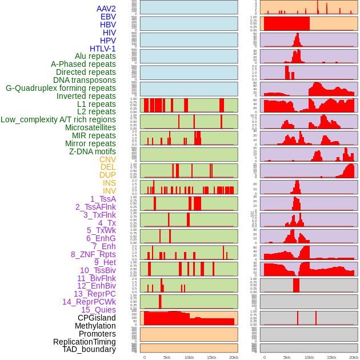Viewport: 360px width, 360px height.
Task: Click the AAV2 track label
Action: pyautogui.click(x=106, y=9)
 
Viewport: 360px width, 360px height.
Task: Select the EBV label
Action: pyautogui.click(x=108, y=17)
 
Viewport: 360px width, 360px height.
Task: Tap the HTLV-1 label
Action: pyautogui.click(x=102, y=49)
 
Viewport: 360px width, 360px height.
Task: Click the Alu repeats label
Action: pyautogui.click(x=95, y=56)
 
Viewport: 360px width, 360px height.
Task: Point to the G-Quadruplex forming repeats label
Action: pyautogui.click(x=61, y=88)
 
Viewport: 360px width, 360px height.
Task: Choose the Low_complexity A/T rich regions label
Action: pyautogui.click(x=58, y=119)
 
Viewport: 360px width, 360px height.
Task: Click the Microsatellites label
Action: pyautogui.click(x=90, y=127)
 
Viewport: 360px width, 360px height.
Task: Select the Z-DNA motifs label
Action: pyautogui.click(x=93, y=151)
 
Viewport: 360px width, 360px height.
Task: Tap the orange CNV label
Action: pyautogui.click(x=107, y=159)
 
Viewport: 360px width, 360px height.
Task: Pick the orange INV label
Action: pyautogui.click(x=109, y=191)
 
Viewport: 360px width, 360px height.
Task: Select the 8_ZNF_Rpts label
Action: pyautogui.click(x=93, y=254)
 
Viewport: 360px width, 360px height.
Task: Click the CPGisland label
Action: pyautogui.click(x=97, y=318)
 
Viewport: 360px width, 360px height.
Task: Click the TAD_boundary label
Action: pyautogui.click(x=89, y=349)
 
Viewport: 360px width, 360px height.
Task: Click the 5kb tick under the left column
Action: pyautogui.click(x=167, y=357)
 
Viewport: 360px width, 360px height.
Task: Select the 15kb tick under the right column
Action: pyautogui.click(x=331, y=357)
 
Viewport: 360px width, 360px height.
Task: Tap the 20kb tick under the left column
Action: pyautogui.click(x=233, y=357)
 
